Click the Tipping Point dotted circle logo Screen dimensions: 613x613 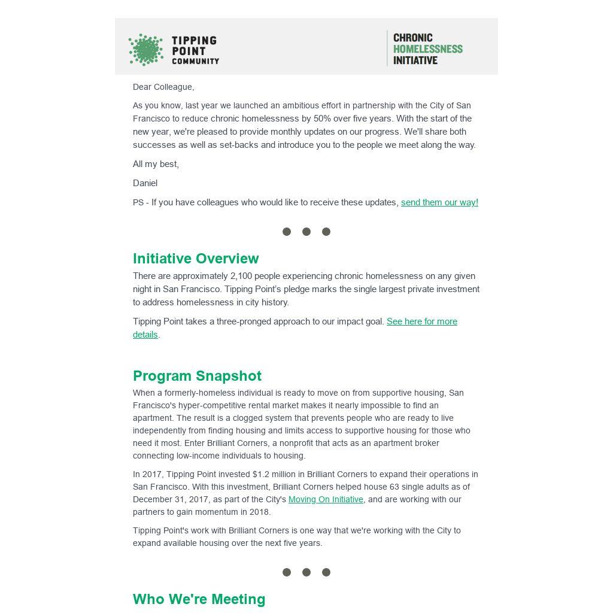point(145,49)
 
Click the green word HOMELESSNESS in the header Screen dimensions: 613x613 point(427,49)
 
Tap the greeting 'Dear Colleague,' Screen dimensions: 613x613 point(163,87)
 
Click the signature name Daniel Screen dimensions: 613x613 point(145,183)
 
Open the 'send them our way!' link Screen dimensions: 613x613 point(439,202)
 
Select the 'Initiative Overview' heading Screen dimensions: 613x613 point(196,259)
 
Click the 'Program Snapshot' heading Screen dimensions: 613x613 point(197,376)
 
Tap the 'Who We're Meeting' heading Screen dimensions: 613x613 point(199,599)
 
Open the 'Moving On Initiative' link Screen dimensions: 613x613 point(326,499)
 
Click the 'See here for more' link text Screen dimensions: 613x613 point(421,321)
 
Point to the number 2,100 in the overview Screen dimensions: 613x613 point(242,276)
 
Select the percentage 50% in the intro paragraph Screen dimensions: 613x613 point(322,119)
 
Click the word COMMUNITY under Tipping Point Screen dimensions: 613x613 point(195,61)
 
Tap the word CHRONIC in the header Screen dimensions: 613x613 point(412,38)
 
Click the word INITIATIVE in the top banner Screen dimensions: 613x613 point(415,60)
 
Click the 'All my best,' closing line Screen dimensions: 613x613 point(156,164)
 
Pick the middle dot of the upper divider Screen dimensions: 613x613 point(306,232)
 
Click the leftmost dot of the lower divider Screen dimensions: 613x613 point(287,572)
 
